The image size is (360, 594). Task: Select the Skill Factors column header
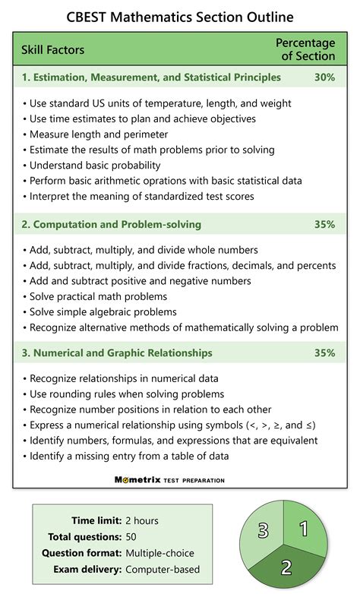click(52, 49)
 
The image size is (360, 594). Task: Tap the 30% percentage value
click(324, 77)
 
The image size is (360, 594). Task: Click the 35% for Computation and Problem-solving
click(324, 224)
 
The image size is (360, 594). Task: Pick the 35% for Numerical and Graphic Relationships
click(324, 352)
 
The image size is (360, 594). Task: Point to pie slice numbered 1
click(302, 529)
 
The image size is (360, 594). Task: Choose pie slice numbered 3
click(263, 530)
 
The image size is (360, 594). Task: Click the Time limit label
click(96, 520)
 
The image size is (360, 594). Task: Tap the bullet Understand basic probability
click(95, 166)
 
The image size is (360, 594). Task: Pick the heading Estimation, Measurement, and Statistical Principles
click(151, 77)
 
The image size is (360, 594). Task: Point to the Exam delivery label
click(87, 568)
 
